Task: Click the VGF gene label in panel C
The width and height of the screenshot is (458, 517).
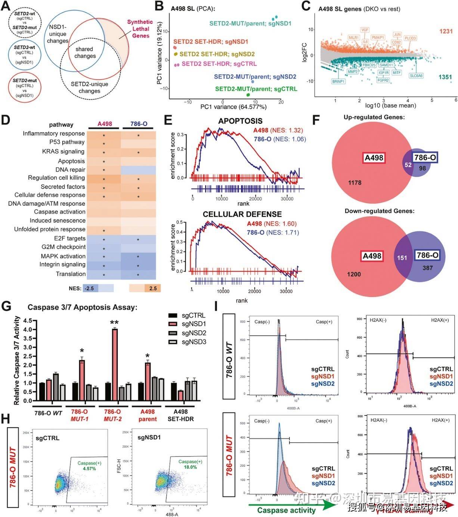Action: pyautogui.click(x=365, y=30)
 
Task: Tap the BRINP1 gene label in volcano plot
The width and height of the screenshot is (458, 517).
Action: pyautogui.click(x=338, y=81)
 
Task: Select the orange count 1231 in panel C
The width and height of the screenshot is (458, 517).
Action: pyautogui.click(x=446, y=31)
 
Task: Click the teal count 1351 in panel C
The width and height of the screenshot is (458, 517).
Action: pyautogui.click(x=445, y=77)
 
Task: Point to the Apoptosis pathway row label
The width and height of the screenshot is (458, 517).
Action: pyautogui.click(x=71, y=161)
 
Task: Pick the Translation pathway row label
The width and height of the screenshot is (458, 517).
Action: pyautogui.click(x=71, y=274)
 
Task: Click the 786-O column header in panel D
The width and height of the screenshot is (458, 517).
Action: pyautogui.click(x=139, y=124)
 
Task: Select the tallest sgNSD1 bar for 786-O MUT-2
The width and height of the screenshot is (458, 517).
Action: pyautogui.click(x=115, y=364)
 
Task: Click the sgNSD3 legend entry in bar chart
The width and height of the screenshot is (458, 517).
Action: pyautogui.click(x=194, y=342)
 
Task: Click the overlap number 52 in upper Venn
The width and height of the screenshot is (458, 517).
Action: pyautogui.click(x=408, y=165)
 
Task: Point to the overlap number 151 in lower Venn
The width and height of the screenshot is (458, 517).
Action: pyautogui.click(x=402, y=258)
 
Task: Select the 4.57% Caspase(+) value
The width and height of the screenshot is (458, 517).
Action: pyautogui.click(x=90, y=468)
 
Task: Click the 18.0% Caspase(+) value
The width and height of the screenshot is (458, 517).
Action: pyautogui.click(x=190, y=467)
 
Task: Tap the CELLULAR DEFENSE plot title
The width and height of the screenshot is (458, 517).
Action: pyautogui.click(x=242, y=214)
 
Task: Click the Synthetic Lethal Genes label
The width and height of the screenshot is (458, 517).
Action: pyautogui.click(x=140, y=29)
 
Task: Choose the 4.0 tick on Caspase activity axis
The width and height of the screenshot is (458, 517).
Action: pyautogui.click(x=27, y=329)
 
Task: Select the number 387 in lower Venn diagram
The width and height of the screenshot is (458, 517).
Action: pyautogui.click(x=427, y=268)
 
